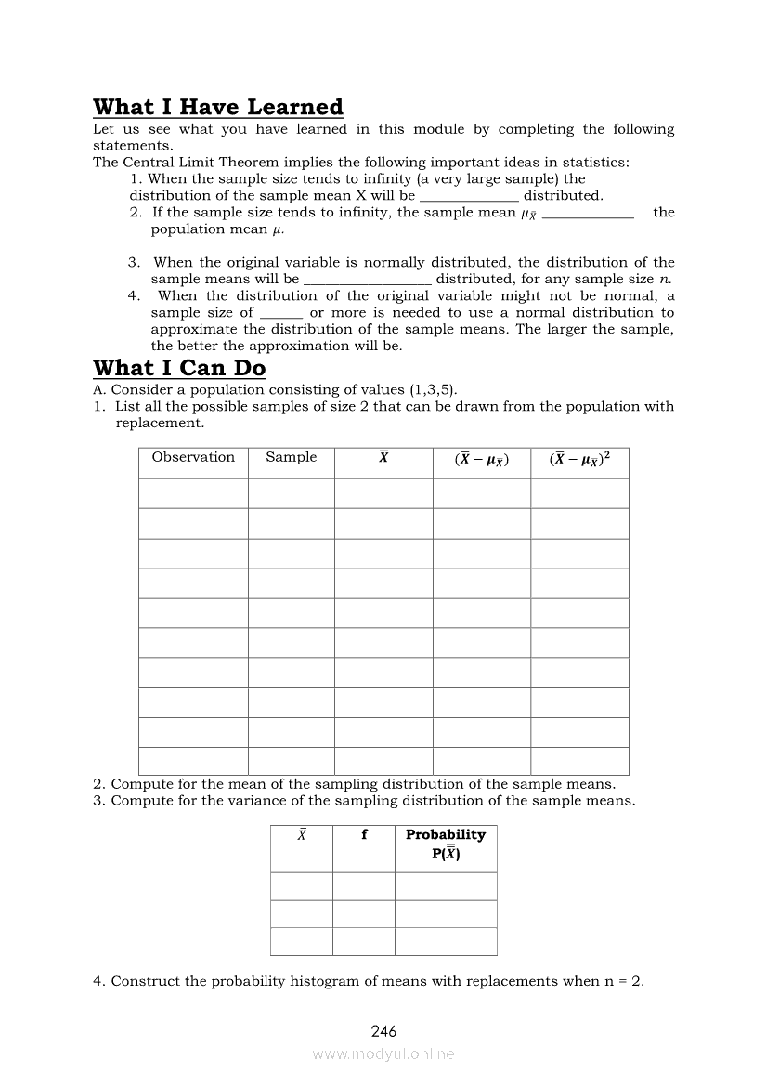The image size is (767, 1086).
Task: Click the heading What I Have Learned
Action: point(218,107)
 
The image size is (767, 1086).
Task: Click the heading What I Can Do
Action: point(179,368)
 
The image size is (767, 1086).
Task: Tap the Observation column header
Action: point(193,457)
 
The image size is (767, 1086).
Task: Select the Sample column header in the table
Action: point(291,457)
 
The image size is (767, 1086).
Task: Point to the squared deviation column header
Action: point(579,458)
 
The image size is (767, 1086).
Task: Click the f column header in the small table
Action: point(364,835)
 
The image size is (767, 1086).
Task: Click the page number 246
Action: point(383,1031)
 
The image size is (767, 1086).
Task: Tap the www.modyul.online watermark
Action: point(383,1054)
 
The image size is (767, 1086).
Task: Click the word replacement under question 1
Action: point(158,423)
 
